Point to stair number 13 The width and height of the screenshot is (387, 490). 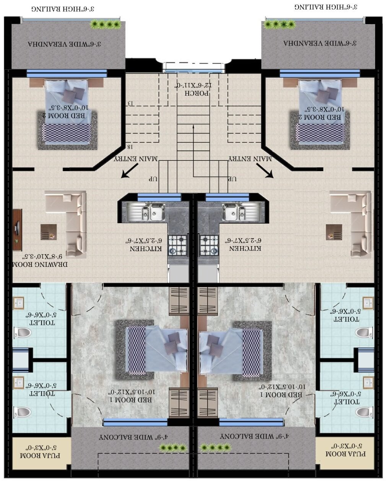(x=130, y=103)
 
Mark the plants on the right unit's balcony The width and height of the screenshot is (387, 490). (x=216, y=447)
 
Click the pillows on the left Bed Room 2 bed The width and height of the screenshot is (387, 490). (x=73, y=93)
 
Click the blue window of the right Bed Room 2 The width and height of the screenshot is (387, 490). (x=320, y=73)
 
